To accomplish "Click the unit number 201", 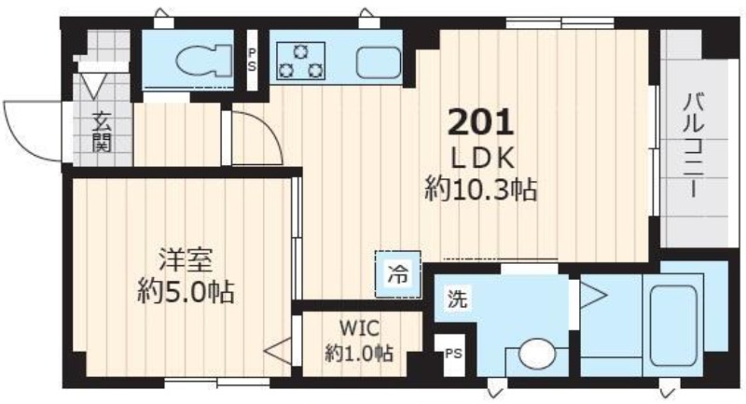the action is (481, 122).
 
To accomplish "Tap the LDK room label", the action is (482, 158).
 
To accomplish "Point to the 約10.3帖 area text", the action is (481, 188).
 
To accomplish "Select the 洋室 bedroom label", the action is (186, 260).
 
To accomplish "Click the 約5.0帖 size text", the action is (186, 291).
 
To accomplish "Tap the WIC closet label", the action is (359, 328).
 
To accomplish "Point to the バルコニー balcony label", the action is (693, 146).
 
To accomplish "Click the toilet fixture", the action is (203, 61).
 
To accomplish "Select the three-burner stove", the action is (300, 61).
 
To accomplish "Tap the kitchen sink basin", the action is (379, 63).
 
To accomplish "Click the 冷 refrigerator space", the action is (398, 274).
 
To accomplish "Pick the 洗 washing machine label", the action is (457, 299).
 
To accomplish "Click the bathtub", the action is (672, 326).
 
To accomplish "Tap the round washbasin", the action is (538, 354).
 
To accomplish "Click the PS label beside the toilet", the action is (252, 61).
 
